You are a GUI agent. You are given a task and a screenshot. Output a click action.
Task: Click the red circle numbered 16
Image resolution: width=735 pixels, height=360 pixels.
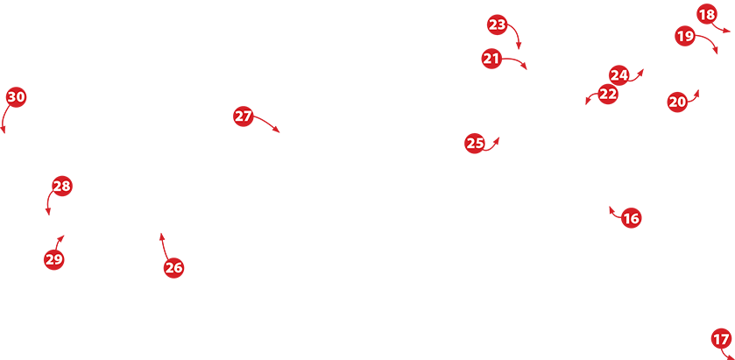click(x=631, y=218)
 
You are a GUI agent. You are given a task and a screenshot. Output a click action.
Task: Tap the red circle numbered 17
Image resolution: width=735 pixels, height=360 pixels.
click(x=721, y=338)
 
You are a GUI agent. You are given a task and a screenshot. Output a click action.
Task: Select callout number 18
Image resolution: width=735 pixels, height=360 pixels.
click(x=707, y=15)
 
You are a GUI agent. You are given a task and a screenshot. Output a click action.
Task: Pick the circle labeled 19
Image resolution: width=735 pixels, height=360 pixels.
click(x=685, y=36)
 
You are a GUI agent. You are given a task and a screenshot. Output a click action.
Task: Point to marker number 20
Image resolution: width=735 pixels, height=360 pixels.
click(x=677, y=102)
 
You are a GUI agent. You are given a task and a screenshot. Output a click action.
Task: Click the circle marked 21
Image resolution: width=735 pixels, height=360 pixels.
click(x=491, y=59)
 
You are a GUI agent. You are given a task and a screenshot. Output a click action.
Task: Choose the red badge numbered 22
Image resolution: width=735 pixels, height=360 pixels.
click(x=608, y=95)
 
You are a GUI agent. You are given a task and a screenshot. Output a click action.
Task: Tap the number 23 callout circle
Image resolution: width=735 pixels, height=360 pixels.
click(x=498, y=25)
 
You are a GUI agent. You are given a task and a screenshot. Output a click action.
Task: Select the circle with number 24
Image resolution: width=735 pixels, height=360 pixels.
click(x=618, y=75)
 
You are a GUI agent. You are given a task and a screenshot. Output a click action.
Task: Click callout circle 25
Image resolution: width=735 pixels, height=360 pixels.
click(x=474, y=144)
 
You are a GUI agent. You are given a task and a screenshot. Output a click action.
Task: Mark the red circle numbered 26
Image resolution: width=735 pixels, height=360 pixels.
click(x=174, y=268)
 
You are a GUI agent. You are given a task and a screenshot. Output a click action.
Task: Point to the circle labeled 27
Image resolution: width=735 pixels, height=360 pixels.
click(x=244, y=116)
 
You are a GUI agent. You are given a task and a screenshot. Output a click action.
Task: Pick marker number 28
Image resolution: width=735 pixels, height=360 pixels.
click(x=62, y=187)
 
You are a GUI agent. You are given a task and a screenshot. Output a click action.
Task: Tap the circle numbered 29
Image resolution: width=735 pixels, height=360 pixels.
click(x=54, y=259)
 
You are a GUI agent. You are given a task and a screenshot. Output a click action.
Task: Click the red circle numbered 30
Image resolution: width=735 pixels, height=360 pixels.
click(x=16, y=97)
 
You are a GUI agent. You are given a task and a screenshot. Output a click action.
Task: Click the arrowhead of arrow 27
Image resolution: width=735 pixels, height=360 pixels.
click(x=279, y=132)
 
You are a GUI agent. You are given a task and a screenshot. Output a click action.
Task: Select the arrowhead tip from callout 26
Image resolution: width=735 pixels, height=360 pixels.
click(x=161, y=233)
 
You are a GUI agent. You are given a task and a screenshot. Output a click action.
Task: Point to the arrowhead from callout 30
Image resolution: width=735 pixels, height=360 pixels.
click(x=4, y=134)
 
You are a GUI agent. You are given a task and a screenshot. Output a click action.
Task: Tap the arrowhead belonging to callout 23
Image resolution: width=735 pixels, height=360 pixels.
click(x=519, y=49)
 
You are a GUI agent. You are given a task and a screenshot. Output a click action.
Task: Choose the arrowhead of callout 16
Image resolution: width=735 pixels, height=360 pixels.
click(x=610, y=206)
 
